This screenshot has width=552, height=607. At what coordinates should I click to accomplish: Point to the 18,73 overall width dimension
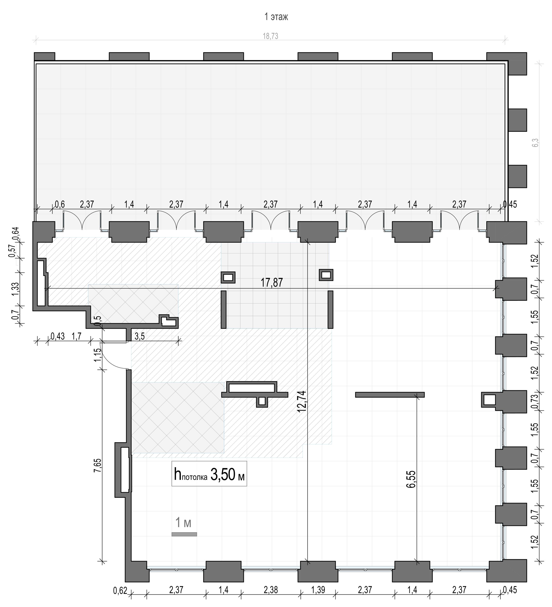tap(271, 36)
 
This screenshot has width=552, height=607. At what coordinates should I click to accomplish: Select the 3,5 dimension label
tap(140, 336)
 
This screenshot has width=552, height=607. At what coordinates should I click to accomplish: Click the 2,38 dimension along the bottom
tap(271, 590)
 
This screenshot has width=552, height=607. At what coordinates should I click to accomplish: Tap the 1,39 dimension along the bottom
tap(318, 590)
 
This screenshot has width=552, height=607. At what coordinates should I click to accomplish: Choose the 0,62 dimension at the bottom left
tap(120, 591)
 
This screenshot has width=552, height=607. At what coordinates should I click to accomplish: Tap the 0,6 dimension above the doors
tap(60, 204)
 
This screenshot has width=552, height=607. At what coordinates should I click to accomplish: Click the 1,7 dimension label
tap(76, 336)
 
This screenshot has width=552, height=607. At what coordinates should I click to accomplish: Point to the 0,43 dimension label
tap(58, 336)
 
